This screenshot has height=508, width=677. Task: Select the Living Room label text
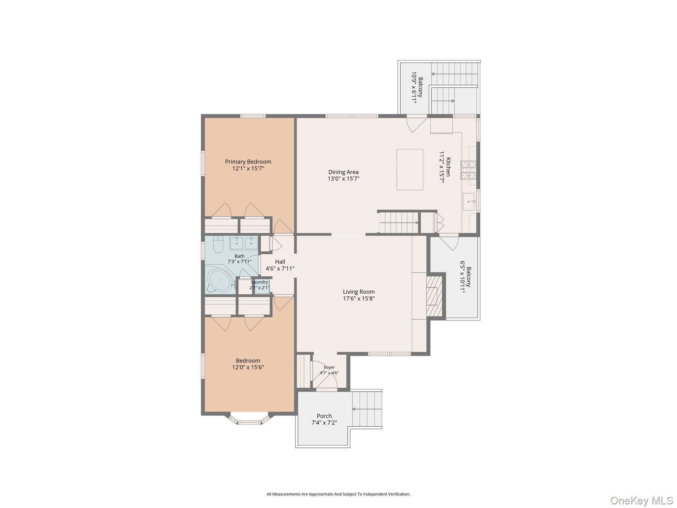[359, 292]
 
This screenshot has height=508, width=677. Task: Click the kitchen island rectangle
[410, 170]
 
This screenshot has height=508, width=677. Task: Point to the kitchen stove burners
[468, 170]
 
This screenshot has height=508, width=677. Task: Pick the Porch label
[324, 416]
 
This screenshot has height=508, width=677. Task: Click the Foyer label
[329, 367]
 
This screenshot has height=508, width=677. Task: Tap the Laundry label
[259, 282]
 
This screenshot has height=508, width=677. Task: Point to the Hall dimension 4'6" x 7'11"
[280, 269]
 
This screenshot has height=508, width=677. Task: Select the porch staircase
[367, 409]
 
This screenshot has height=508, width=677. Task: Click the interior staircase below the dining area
[399, 223]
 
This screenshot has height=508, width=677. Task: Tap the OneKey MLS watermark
[641, 500]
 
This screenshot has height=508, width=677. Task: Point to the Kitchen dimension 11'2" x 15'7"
[442, 167]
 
